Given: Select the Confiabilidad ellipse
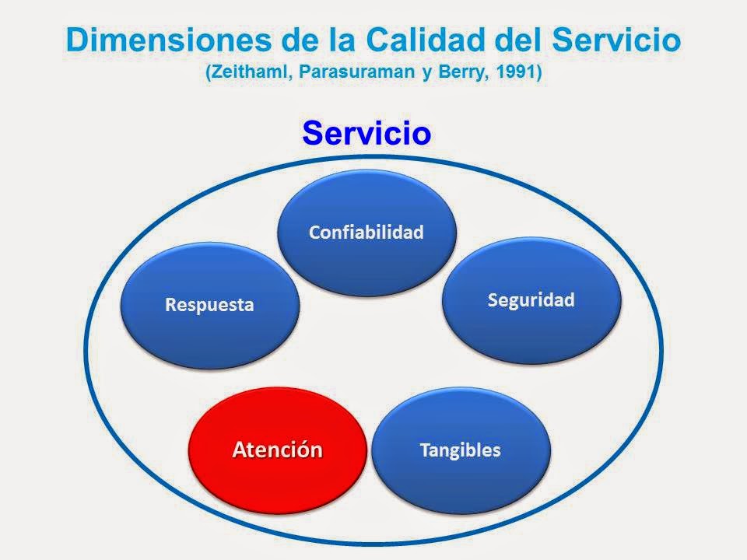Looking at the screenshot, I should coord(366,233).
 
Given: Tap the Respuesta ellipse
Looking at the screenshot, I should coord(209,305).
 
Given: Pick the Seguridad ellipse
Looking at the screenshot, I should coord(531,302).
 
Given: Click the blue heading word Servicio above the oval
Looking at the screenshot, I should coord(366,132).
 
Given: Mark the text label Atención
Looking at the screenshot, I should coord(278,450).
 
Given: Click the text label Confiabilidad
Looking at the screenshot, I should coord(366,233).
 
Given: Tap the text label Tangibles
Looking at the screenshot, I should coord(460,450).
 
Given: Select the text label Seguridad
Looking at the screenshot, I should coord(531,300).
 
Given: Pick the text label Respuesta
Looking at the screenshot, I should coord(209,305).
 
